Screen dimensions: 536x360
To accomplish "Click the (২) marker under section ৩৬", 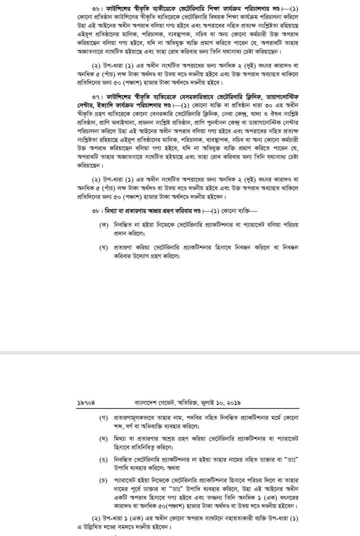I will (x=97, y=66).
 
